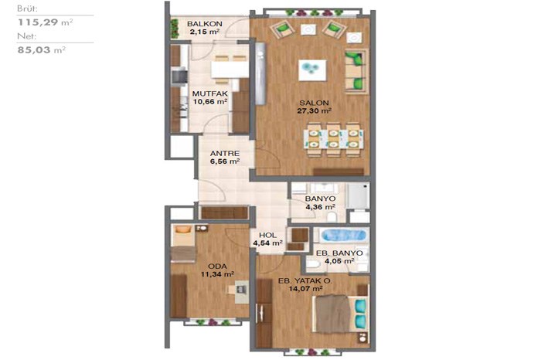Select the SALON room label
pyautogui.click(x=314, y=103)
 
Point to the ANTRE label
pyautogui.click(x=225, y=153)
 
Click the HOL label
pyautogui.click(x=267, y=235)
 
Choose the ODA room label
pyautogui.click(x=217, y=267)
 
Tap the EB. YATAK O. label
pyautogui.click(x=305, y=281)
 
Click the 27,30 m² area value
pyautogui.click(x=314, y=110)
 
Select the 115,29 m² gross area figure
pyautogui.click(x=45, y=22)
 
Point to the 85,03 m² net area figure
pyautogui.click(x=42, y=50)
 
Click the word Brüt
pyautogui.click(x=27, y=8)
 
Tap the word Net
pyautogui.click(x=26, y=36)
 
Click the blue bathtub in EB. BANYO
pyautogui.click(x=343, y=235)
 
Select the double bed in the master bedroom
pyautogui.click(x=340, y=314)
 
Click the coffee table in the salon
pyautogui.click(x=312, y=70)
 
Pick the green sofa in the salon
pyautogui.click(x=356, y=72)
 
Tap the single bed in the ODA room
pyautogui.click(x=184, y=243)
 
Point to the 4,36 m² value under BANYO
pyautogui.click(x=321, y=207)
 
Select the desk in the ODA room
pyautogui.click(x=241, y=291)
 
